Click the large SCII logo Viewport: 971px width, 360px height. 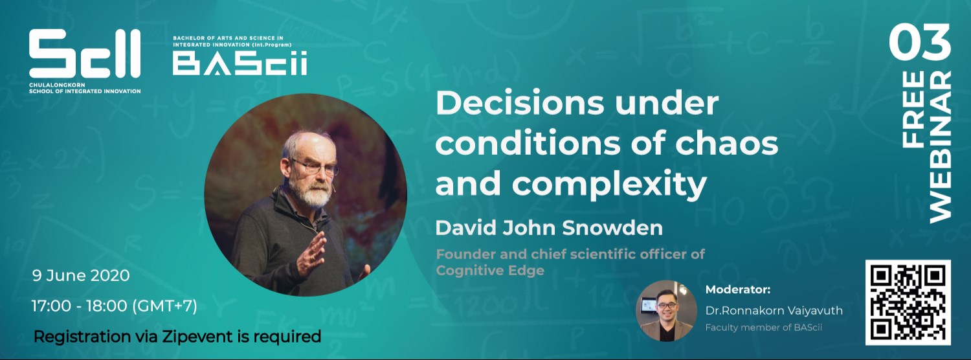84,55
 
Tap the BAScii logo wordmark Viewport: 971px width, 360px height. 240,63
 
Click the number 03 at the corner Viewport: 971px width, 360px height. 919,44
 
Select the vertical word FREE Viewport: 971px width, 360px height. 913,108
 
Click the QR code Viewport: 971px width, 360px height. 908,302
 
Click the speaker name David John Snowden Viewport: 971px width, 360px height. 549,228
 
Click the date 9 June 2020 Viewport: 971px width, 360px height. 81,275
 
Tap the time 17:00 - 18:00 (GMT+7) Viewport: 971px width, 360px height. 115,305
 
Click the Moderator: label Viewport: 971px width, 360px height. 737,289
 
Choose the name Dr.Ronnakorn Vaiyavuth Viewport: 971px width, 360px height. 774,311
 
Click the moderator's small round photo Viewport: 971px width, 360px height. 666,310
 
